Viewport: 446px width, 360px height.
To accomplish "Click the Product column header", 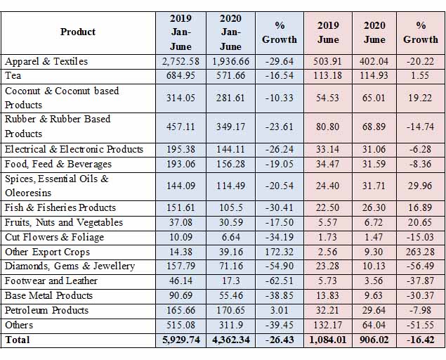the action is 78,32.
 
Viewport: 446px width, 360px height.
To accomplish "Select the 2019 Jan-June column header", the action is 181,32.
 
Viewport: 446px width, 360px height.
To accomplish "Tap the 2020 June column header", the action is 374,32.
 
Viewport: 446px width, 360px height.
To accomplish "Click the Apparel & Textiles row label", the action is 46,61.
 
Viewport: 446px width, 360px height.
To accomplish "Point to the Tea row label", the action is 13,76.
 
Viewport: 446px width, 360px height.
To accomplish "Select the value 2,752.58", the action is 181,61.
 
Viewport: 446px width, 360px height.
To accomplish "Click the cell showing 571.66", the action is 230,76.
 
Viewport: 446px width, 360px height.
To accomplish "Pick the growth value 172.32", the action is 280,252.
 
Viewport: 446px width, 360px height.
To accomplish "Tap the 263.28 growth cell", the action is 421,252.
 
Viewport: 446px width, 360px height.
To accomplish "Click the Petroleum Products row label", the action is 46,310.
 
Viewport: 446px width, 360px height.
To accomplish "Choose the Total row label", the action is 18,340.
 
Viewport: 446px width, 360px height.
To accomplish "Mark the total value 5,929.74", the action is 181,340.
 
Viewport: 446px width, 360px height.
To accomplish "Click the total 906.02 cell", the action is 374,340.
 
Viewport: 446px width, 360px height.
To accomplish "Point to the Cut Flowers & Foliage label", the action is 54,237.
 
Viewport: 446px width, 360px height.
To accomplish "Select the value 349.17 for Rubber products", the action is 230,127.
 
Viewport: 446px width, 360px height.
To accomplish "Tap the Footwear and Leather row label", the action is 51,281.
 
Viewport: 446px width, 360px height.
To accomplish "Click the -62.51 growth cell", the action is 280,281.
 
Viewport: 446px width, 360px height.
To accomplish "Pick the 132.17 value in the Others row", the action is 328,325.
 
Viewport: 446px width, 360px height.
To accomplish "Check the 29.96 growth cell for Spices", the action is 421,186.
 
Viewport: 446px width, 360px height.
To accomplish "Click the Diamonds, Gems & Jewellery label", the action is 70,266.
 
